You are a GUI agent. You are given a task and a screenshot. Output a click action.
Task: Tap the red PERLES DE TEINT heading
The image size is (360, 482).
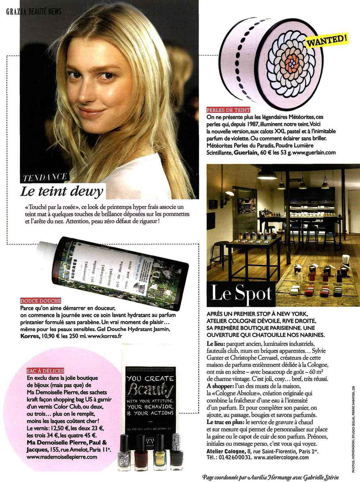tap(228, 110)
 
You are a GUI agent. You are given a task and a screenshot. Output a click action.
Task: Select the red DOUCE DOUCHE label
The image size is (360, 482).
tap(41, 301)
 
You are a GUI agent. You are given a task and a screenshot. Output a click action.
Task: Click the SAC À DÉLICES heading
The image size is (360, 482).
tap(45, 371)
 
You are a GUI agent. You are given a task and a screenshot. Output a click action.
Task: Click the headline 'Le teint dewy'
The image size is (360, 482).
tap(62, 191)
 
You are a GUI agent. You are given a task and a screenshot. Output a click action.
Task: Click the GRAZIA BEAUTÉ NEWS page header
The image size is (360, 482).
tap(34, 12)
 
